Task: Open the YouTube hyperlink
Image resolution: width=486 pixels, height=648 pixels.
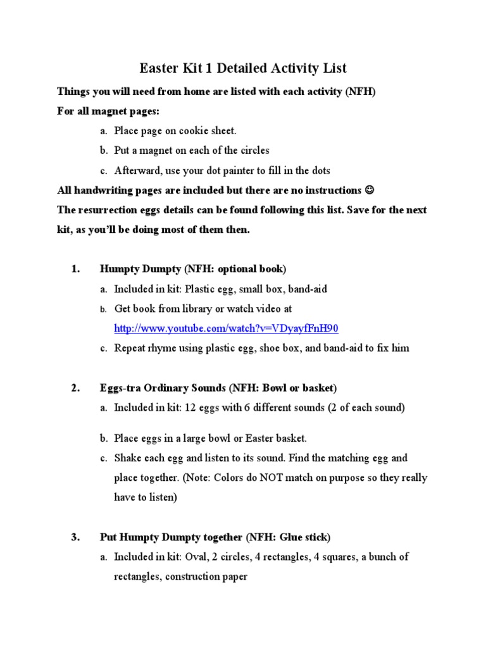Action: coord(226,328)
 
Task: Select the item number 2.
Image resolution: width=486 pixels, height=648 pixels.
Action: coord(75,387)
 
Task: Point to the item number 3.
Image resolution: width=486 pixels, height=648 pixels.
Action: coord(75,537)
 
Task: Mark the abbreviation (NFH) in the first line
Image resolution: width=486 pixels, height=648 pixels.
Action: coord(360,92)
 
